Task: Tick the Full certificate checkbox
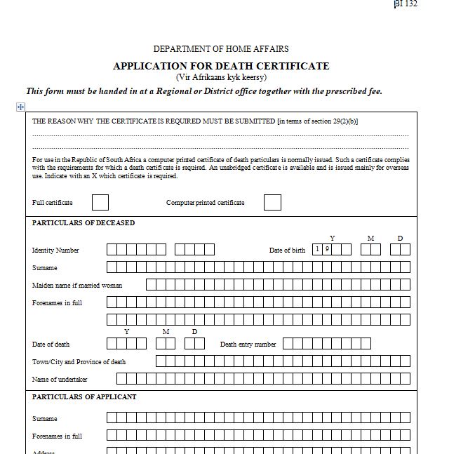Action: coord(100,203)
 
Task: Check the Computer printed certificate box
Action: coord(272,203)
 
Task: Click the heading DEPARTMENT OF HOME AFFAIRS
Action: coord(221,49)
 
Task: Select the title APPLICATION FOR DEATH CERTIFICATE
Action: coord(221,66)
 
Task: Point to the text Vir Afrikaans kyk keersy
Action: coord(221,77)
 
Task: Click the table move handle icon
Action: coord(21,107)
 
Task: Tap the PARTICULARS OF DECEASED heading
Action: coord(83,223)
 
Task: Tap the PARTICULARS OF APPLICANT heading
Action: coord(84,397)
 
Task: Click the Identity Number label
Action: coord(55,251)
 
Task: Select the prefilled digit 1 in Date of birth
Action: coord(318,249)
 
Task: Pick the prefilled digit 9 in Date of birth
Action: coord(327,249)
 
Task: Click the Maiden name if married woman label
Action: coord(77,286)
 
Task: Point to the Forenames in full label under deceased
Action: coord(57,303)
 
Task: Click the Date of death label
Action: coord(51,345)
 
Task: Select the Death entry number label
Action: coord(248,345)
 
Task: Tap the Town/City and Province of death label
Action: coord(79,362)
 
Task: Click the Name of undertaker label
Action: coord(60,380)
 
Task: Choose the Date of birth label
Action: coord(287,251)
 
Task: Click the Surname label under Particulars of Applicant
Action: coord(45,419)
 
